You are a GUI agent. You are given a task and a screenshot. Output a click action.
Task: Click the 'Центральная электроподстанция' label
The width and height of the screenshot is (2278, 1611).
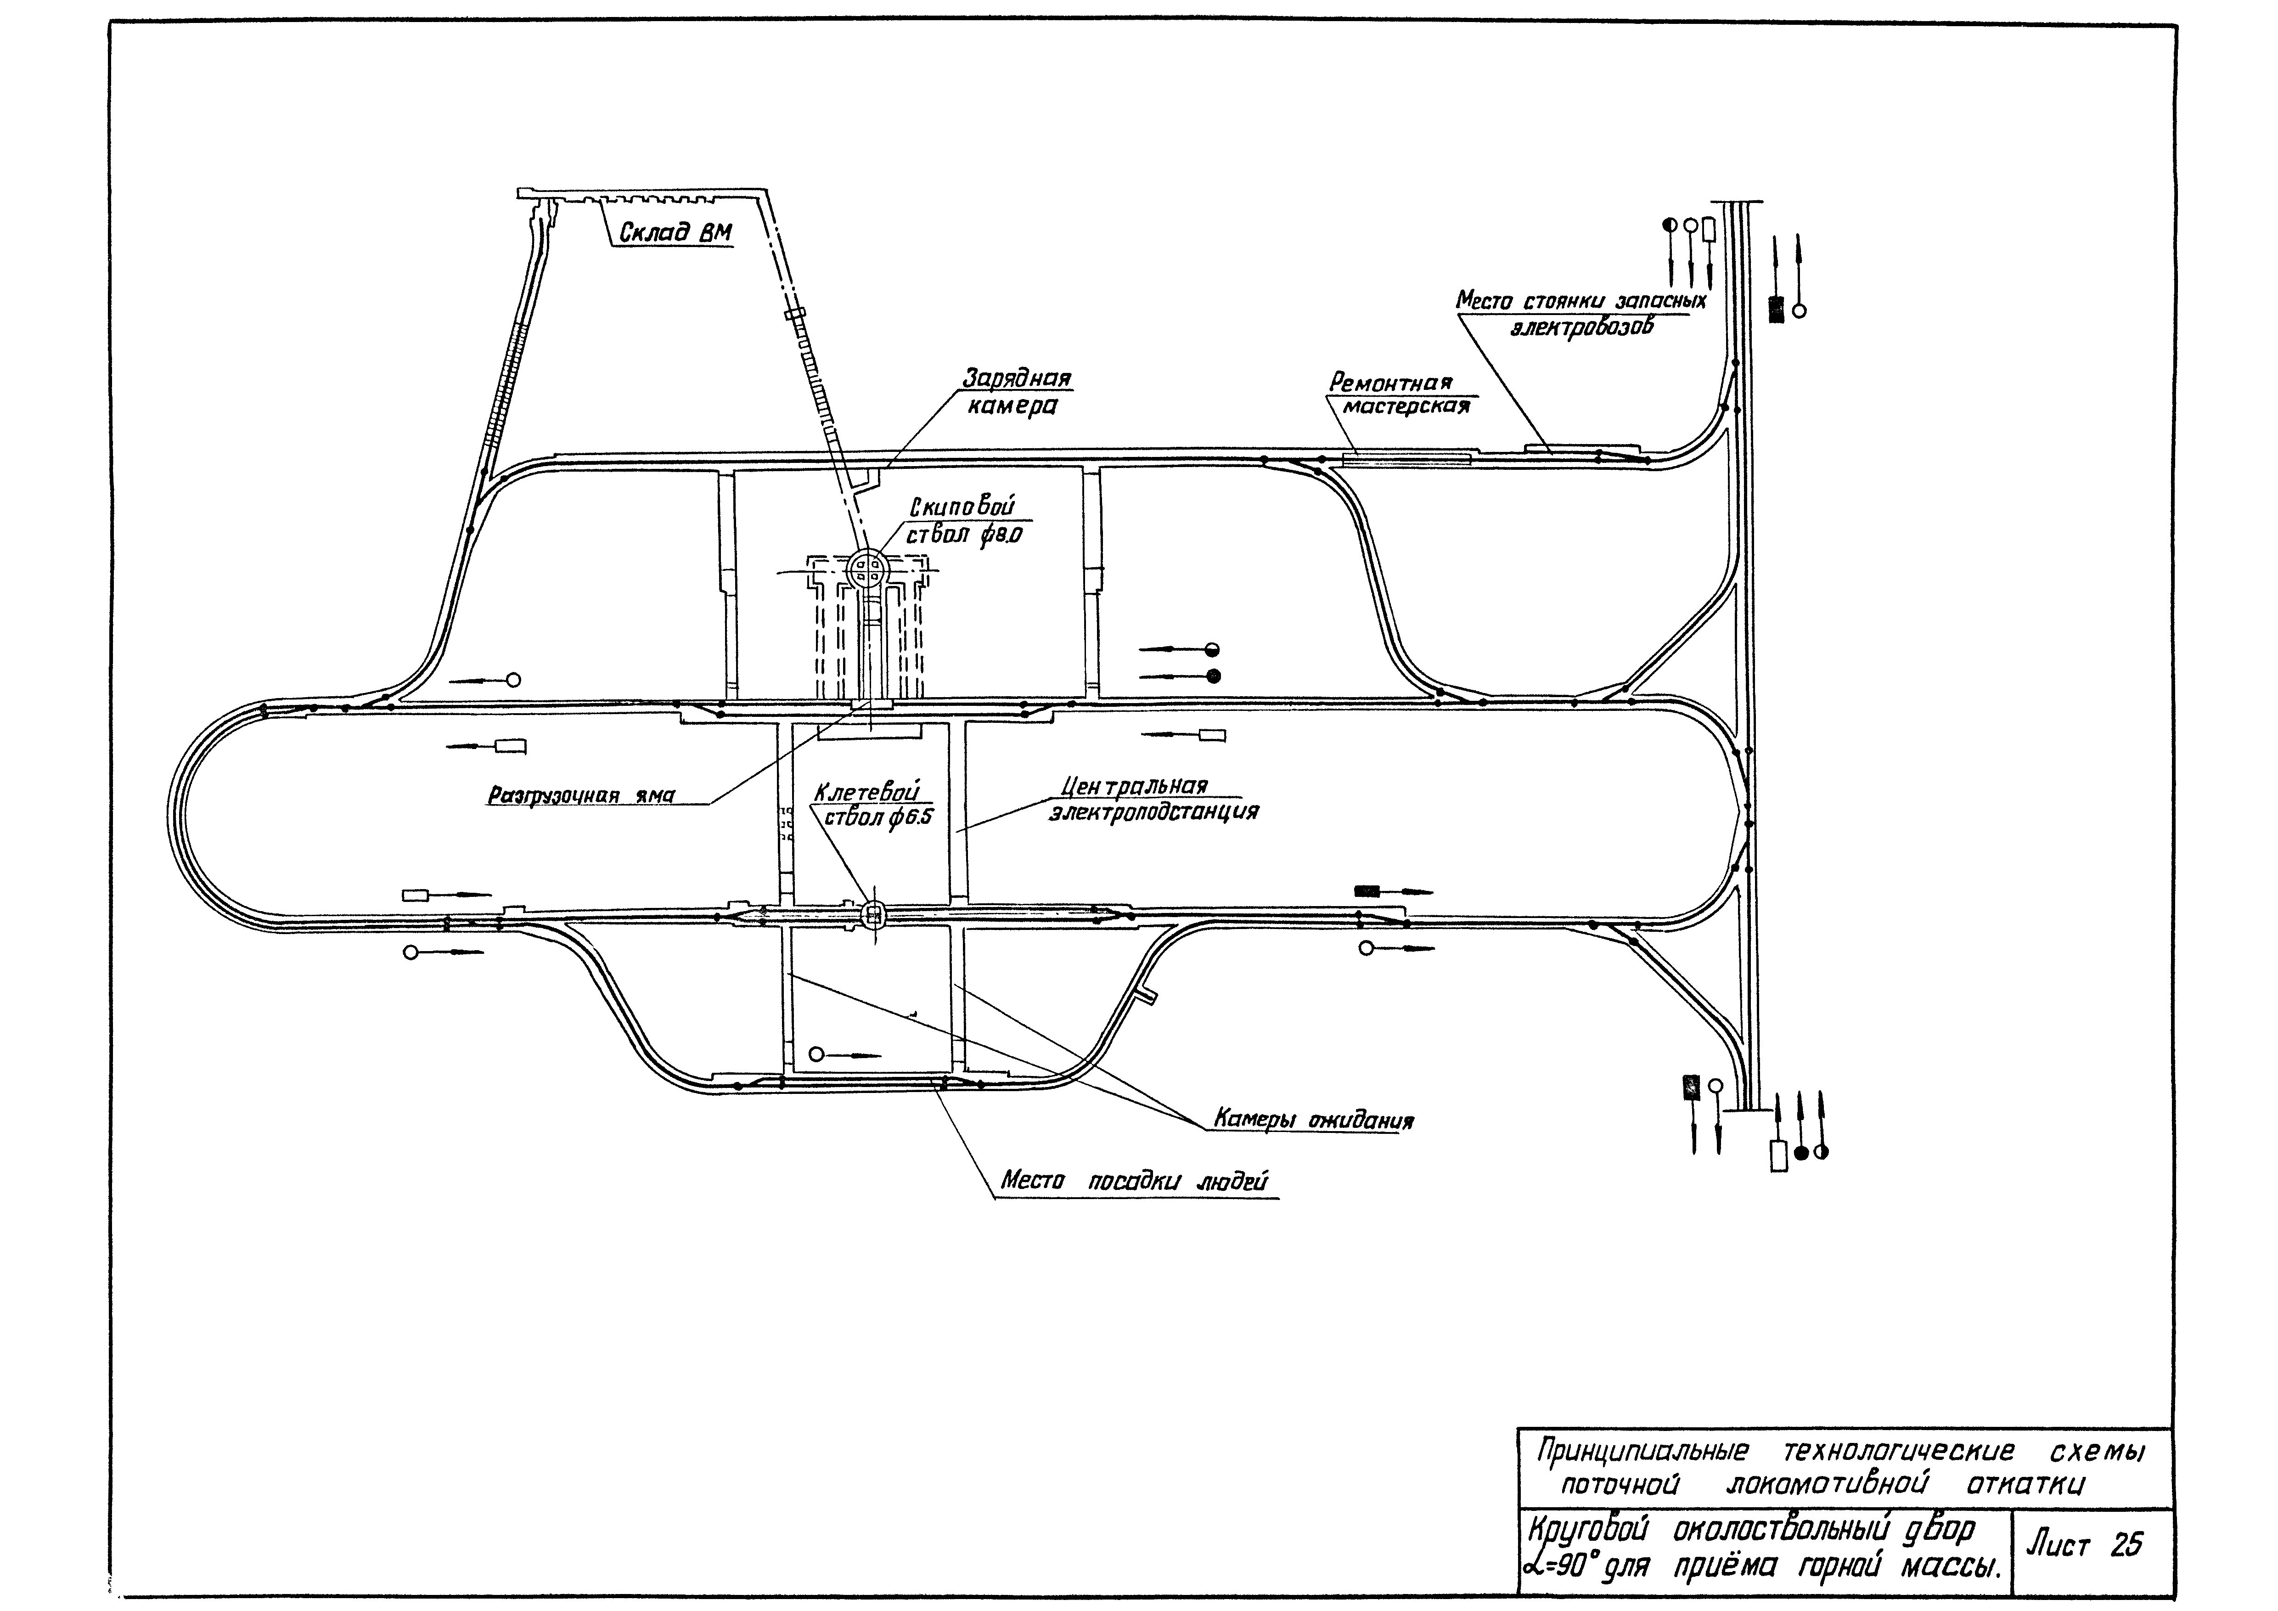(x=1151, y=799)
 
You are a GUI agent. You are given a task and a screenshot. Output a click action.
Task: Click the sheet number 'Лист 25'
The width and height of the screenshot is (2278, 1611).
(x=2084, y=1544)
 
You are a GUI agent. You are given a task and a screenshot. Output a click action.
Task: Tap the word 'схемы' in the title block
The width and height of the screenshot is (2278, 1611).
(x=2097, y=1452)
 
